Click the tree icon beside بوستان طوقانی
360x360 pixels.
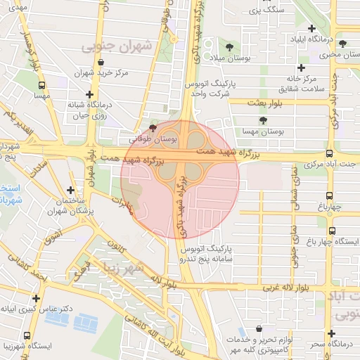pos(154,128)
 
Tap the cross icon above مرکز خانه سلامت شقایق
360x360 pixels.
pos(302,67)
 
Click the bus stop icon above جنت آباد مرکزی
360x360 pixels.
pos(330,153)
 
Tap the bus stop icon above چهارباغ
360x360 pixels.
pos(330,197)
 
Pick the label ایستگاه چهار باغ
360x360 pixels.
pos(333,241)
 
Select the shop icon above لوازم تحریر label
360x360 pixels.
pos(260,329)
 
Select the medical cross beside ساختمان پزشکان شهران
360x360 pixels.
pos(70,190)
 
